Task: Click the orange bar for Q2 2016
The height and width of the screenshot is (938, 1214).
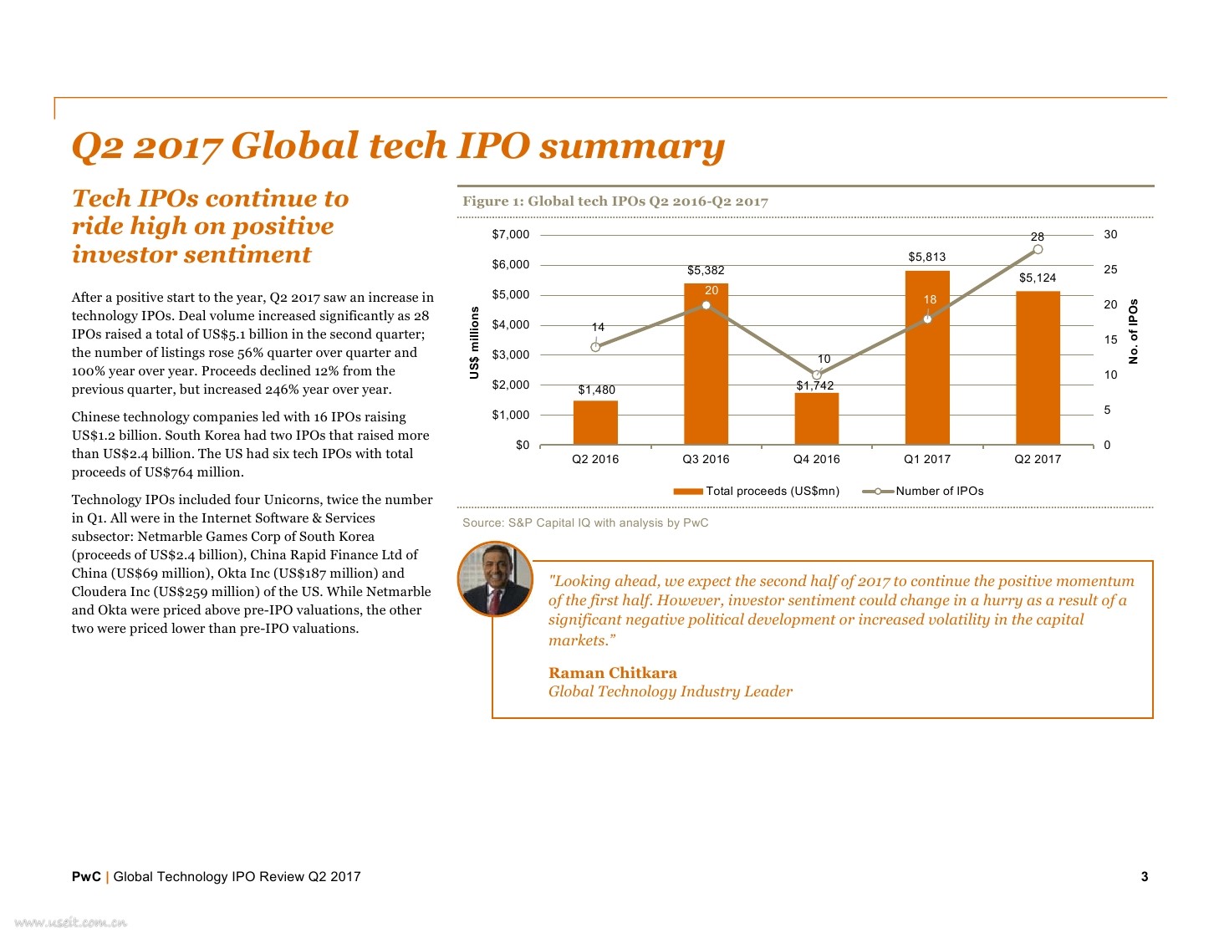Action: (595, 423)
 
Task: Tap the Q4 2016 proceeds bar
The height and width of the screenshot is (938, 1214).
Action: (816, 419)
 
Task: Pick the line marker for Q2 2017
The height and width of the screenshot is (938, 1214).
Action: (1038, 249)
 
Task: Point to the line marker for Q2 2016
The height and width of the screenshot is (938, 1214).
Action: (595, 347)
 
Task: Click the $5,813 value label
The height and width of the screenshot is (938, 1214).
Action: (927, 257)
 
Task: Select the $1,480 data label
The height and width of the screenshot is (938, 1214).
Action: (596, 390)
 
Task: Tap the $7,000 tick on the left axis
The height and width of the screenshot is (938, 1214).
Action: (510, 234)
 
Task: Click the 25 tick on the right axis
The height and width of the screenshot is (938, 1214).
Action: (1110, 269)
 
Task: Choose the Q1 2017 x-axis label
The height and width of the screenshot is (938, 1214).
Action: (927, 459)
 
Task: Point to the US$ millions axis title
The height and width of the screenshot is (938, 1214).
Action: (475, 343)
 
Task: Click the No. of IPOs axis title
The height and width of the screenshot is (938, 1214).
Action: (1134, 332)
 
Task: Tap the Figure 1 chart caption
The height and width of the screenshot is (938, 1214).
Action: (615, 201)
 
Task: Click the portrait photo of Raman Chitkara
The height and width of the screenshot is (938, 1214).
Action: (495, 579)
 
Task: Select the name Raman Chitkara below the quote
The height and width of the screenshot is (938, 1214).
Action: (612, 673)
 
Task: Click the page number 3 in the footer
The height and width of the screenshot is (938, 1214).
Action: (1144, 876)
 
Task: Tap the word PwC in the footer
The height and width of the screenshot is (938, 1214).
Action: (86, 876)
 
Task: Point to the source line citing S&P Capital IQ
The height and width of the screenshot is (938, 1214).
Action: (585, 523)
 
